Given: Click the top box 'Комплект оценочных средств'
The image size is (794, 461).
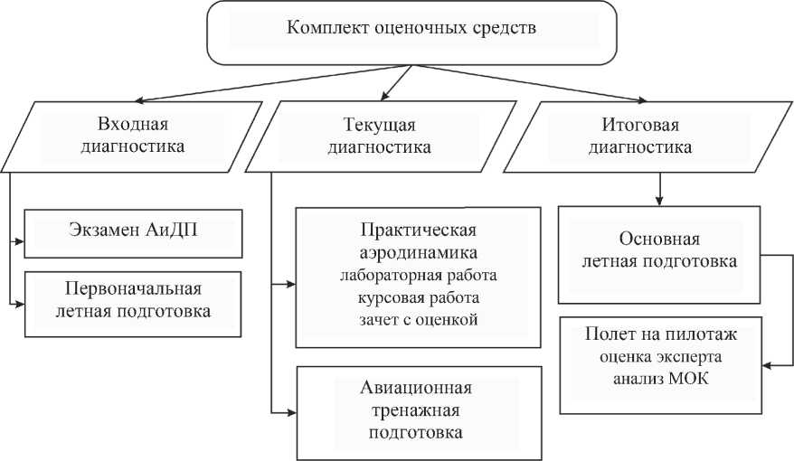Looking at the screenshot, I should point(411,28).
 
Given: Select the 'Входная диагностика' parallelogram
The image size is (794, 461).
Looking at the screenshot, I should point(134,134).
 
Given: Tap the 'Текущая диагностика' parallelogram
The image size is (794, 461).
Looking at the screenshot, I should point(379,134).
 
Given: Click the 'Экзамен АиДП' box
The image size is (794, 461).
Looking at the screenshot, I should point(133,231).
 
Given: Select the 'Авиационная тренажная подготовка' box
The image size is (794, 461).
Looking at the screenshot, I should point(417,410).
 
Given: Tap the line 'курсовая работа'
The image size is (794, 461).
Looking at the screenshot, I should point(418,296).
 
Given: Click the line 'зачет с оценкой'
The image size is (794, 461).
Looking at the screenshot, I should point(418,318).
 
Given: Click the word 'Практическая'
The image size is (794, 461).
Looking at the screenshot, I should point(418,229).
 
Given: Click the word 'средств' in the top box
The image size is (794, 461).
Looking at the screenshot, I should point(505,27).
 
